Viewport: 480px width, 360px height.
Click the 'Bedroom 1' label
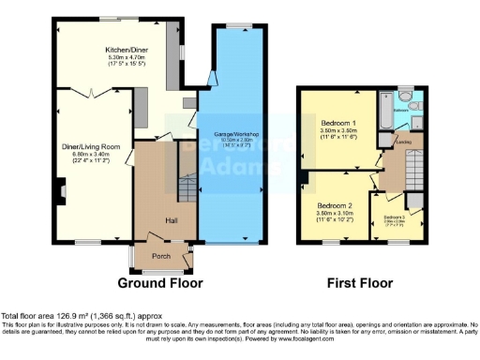[x=337, y=124]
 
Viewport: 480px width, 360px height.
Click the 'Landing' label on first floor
[x=403, y=142]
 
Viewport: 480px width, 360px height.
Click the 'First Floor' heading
[x=358, y=282]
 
